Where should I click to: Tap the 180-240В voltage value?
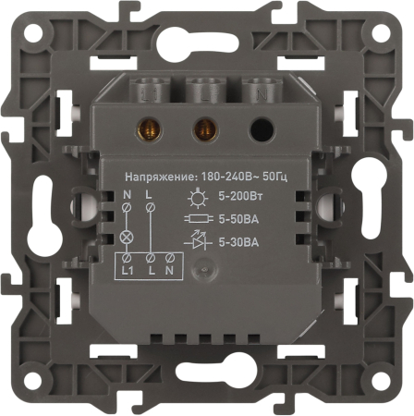[x=228, y=177]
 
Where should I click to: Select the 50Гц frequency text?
[x=274, y=177]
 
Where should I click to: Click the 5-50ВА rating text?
[x=238, y=219]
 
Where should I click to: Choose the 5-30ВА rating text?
[x=238, y=242]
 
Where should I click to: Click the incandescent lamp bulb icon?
[x=198, y=197]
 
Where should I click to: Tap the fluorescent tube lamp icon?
[x=199, y=219]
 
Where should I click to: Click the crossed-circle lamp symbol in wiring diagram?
[x=127, y=238]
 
